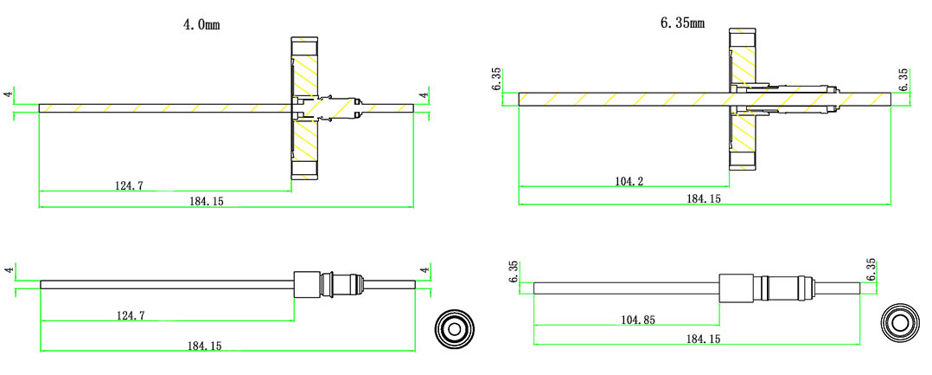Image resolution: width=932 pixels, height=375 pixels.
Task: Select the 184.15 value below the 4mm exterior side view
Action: [x=204, y=346]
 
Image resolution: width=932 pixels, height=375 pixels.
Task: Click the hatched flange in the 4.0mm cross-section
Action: [x=306, y=110]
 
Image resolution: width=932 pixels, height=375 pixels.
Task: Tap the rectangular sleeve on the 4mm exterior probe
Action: [x=307, y=284]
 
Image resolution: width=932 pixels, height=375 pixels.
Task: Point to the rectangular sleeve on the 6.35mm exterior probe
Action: [x=736, y=289]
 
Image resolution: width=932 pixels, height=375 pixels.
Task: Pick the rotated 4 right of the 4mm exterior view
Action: [x=425, y=270]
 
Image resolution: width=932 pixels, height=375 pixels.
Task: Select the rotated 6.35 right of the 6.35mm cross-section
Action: [x=903, y=80]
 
